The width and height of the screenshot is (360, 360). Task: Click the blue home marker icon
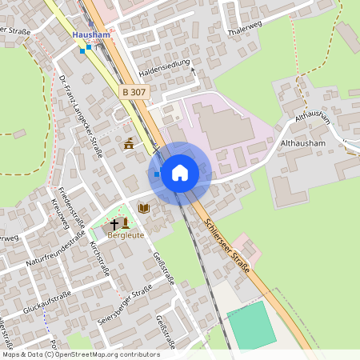(x=180, y=173)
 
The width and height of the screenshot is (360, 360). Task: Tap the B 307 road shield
(x=134, y=93)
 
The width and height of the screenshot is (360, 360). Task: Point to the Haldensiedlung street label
(x=165, y=67)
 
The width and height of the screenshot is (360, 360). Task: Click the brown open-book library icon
(x=144, y=208)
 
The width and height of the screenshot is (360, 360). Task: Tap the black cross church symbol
(x=114, y=224)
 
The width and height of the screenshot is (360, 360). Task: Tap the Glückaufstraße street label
(x=47, y=302)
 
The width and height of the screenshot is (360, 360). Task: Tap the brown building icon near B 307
(x=130, y=144)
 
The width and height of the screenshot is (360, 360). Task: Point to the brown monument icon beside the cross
(x=126, y=223)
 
